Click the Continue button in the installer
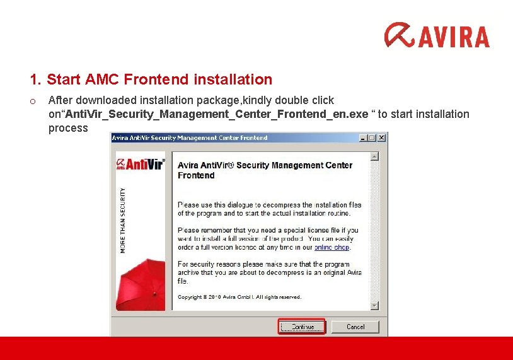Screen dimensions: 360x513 302,327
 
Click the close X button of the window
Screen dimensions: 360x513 381,137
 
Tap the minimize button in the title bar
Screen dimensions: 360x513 363,137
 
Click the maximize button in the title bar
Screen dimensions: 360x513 372,137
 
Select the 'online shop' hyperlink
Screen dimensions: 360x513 331,248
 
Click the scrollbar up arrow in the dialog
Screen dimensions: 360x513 374,156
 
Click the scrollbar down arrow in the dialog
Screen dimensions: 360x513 374,306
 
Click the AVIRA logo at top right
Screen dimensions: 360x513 437,35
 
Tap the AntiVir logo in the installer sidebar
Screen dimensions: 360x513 140,164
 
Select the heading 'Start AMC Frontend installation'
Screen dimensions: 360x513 159,79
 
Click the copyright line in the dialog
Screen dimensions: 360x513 239,297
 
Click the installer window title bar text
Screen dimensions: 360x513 189,137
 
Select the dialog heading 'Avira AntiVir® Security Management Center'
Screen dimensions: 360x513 265,165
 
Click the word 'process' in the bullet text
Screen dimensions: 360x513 68,128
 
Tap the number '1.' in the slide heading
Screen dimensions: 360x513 36,79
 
